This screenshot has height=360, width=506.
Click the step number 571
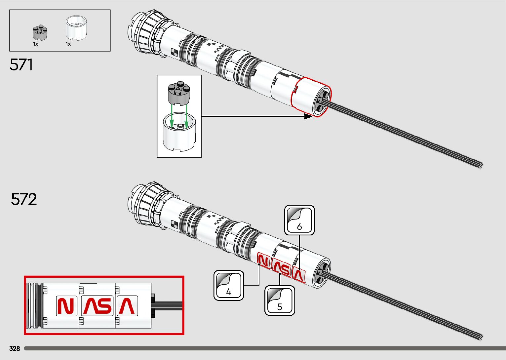click(x=21, y=64)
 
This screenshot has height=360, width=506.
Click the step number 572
click(x=24, y=199)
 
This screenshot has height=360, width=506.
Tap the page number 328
click(x=15, y=348)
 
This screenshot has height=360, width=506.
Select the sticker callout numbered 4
click(x=229, y=286)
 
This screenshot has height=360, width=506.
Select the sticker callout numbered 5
click(x=280, y=300)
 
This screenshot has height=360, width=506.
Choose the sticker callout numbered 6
click(x=299, y=220)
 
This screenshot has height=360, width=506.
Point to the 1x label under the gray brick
click(x=35, y=44)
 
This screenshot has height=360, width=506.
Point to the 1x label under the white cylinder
click(x=68, y=44)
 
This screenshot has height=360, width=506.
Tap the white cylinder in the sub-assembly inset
click(x=179, y=132)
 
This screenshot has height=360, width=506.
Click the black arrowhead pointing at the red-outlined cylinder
click(x=308, y=116)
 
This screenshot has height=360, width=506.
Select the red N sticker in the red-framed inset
click(x=66, y=306)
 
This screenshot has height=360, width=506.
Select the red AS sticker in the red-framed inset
click(x=97, y=306)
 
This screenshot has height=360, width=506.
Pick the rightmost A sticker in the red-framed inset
click(x=127, y=306)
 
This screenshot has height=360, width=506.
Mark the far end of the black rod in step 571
click(x=481, y=165)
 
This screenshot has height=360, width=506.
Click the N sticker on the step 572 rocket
click(x=263, y=261)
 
